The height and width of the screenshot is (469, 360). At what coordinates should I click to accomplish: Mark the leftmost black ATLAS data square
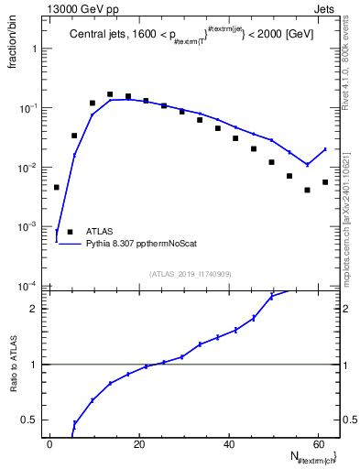57,187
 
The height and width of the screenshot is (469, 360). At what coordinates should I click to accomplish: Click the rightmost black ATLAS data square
325,181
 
